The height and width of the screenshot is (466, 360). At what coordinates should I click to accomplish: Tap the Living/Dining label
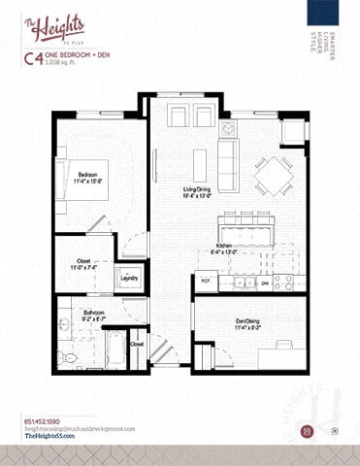pos(198,191)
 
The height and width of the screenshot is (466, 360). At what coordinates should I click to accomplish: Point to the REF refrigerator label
pos(206,281)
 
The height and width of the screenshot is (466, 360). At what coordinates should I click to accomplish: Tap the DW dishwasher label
pos(264,283)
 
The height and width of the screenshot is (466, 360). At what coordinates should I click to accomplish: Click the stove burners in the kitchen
pos(284,282)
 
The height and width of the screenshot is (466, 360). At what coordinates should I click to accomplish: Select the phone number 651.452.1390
pos(41,420)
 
